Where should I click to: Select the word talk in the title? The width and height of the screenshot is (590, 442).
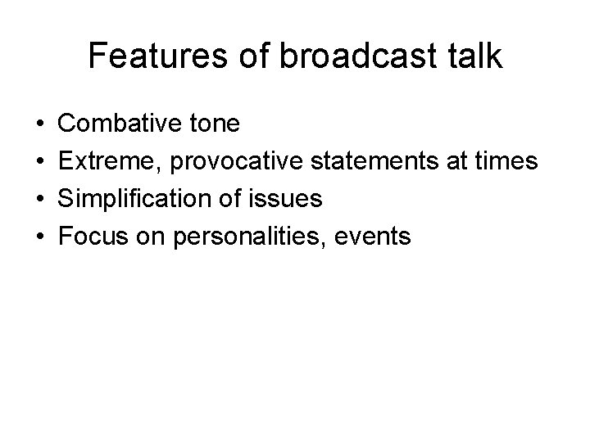coord(473,56)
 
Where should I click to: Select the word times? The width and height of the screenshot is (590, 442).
coord(509,161)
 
